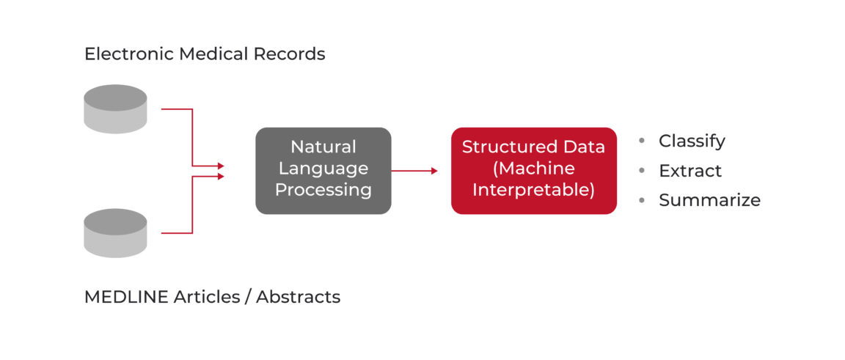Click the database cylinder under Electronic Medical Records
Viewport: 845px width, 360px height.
pyautogui.click(x=115, y=109)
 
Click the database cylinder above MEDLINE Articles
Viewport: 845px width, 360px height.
pyautogui.click(x=115, y=233)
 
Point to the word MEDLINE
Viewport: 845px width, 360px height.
pyautogui.click(x=125, y=297)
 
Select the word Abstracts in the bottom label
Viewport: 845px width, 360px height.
pyautogui.click(x=298, y=297)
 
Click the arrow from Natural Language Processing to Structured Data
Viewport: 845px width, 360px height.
pyautogui.click(x=414, y=171)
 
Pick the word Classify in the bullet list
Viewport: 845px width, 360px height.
pyautogui.click(x=692, y=141)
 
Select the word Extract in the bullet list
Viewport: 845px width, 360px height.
pyautogui.click(x=690, y=171)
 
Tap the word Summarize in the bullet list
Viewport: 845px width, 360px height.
pyautogui.click(x=709, y=200)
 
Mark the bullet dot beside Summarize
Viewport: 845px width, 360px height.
pyautogui.click(x=643, y=200)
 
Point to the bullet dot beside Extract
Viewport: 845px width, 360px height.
pyautogui.click(x=643, y=171)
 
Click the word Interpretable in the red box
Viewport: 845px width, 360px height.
pyautogui.click(x=533, y=191)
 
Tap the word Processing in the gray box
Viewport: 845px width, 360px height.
pyautogui.click(x=323, y=191)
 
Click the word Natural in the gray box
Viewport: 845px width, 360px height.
pyautogui.click(x=323, y=147)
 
